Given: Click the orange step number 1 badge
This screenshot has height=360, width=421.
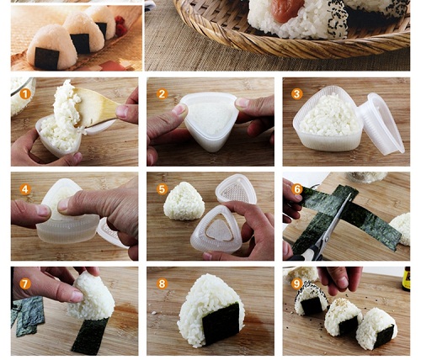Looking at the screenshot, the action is coord(25,94).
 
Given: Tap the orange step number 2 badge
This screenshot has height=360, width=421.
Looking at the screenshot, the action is coord(162,94).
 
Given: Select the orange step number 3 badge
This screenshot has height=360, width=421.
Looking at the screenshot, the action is coord(297,94).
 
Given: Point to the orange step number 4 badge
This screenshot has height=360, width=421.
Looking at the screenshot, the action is coord(25,189).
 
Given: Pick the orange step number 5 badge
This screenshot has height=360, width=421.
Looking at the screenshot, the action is coord(162,189).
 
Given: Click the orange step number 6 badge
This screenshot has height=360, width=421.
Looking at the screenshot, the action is coord(297,189).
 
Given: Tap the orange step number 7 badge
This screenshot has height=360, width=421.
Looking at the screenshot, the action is coord(25,284).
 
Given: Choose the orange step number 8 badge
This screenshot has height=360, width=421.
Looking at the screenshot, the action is coord(162,284).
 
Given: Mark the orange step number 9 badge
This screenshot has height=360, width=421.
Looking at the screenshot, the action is coord(297,284).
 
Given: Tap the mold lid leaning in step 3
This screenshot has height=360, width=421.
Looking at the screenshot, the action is coord(381,124).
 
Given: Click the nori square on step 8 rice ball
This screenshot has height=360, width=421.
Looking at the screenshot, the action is coord(221,323).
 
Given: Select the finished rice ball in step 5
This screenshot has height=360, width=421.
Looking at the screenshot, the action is coord(184,201).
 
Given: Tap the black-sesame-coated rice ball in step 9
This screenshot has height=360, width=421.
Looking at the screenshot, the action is coord(310,298).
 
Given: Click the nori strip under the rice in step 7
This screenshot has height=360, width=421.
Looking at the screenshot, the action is coord(90,336).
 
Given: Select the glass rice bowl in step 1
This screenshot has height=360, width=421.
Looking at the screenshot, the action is coord(22,95).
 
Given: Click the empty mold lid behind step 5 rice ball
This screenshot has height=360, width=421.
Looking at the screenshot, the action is coord(236,189).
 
